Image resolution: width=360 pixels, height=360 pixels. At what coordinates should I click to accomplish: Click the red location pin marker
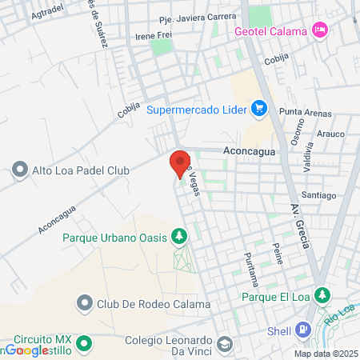click(x=180, y=163)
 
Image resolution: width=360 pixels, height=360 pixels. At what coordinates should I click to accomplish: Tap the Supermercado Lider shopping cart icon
click(x=258, y=108)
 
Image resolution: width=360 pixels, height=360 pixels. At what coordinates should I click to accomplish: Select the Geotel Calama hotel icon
click(x=320, y=30)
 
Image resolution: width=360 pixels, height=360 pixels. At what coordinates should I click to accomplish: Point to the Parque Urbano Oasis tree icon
click(x=181, y=237)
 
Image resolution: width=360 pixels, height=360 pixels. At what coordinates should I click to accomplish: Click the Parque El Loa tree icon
click(x=322, y=295)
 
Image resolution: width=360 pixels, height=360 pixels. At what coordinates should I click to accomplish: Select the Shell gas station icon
click(x=302, y=328)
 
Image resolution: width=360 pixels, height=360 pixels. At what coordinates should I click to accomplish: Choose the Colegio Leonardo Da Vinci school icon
click(x=225, y=342)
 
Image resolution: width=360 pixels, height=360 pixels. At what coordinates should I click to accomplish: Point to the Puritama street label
click(x=251, y=269)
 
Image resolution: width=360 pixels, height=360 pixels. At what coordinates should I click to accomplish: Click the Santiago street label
click(x=318, y=195)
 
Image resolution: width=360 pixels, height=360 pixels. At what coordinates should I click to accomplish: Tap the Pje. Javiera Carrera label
click(x=198, y=16)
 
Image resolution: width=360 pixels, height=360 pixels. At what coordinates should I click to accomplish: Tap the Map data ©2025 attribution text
click(x=326, y=354)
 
